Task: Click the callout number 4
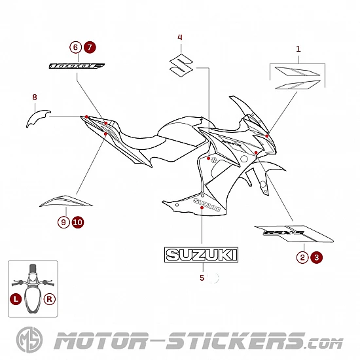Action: (180, 37)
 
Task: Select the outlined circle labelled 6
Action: (75, 47)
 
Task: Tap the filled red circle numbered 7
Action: (90, 47)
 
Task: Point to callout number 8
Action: (35, 97)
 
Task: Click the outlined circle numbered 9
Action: (63, 223)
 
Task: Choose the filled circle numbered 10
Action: (78, 223)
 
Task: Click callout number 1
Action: (298, 49)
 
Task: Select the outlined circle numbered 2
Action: (302, 257)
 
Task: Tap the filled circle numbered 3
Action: (317, 257)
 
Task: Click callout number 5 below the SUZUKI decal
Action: (202, 278)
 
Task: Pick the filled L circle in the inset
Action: (16, 299)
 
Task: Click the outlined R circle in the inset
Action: (50, 299)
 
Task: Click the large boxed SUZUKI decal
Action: (202, 255)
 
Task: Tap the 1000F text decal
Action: (77, 66)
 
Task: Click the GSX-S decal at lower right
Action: (294, 234)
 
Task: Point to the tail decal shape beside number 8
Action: (38, 118)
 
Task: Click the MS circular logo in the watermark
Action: (29, 340)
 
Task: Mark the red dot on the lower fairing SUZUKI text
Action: (202, 207)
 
